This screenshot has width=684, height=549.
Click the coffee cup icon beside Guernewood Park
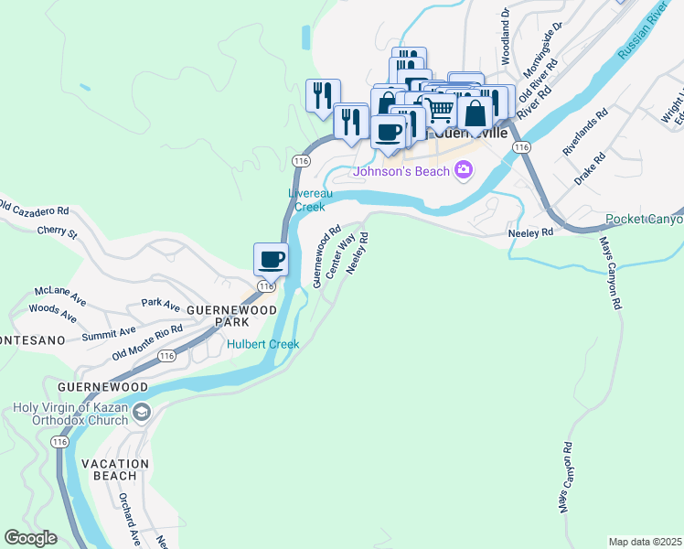271,259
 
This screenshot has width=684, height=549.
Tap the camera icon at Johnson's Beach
464,169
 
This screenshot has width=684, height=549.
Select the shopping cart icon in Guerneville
441,110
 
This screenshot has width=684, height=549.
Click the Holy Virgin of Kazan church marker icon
141,414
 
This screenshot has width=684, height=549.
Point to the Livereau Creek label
310,200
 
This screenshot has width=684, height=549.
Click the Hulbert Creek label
263,343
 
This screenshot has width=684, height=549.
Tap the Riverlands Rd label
585,135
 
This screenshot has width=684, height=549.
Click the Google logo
31,538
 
